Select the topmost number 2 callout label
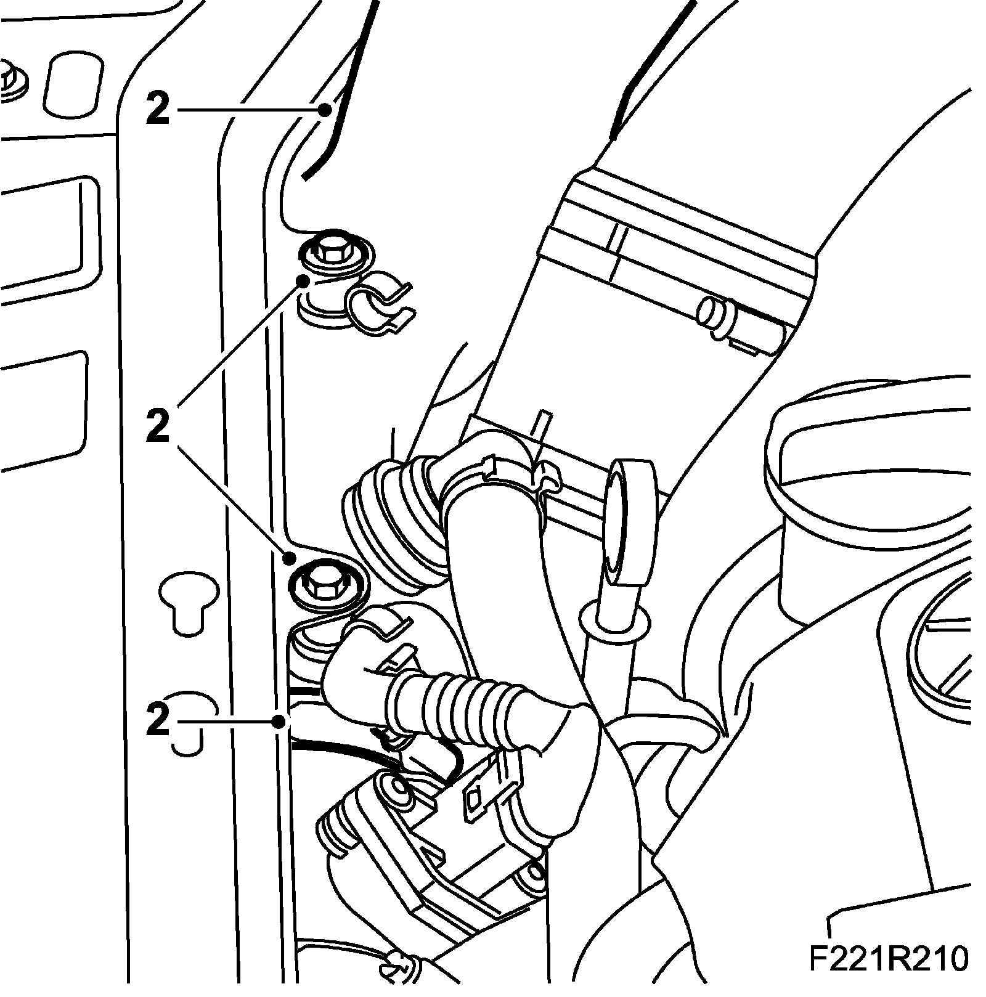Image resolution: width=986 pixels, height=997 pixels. [x=158, y=110]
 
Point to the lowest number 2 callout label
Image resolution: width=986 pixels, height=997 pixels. [x=158, y=720]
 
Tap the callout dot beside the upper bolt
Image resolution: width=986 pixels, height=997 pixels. [x=303, y=281]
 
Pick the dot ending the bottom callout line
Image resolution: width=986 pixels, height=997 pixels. [x=280, y=720]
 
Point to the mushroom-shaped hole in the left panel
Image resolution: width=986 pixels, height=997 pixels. [x=188, y=601]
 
